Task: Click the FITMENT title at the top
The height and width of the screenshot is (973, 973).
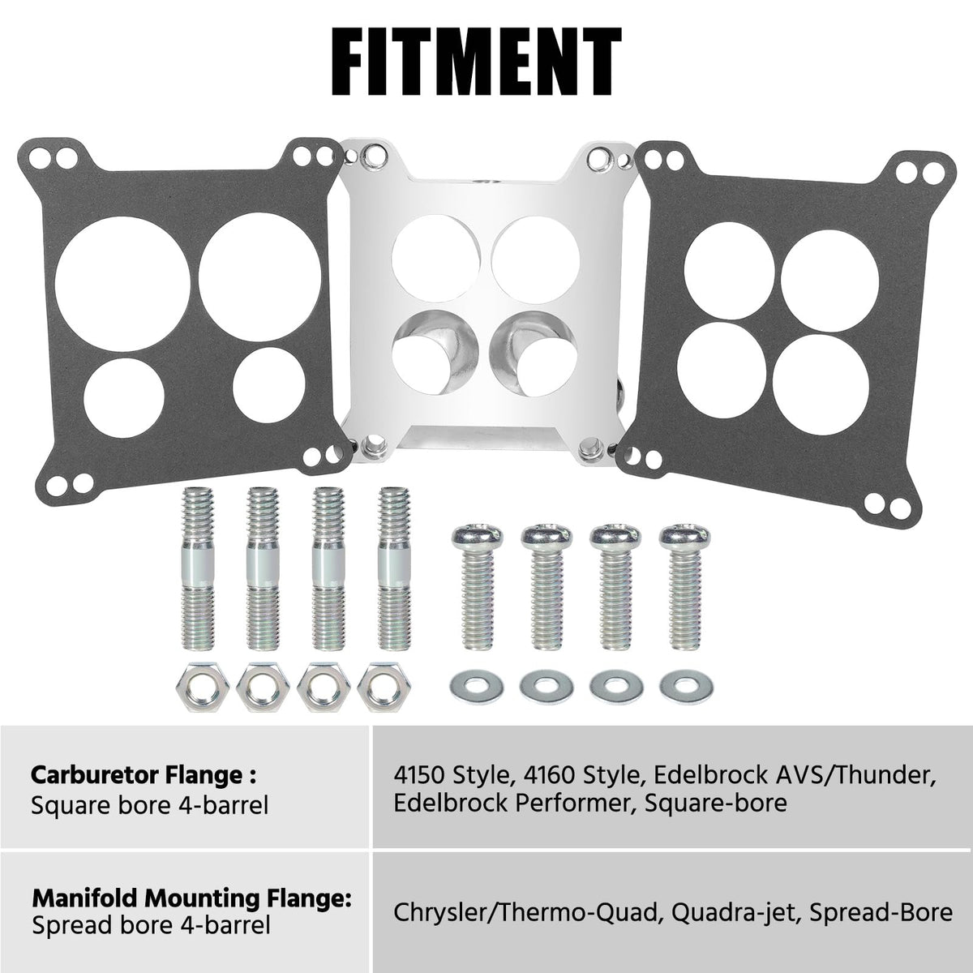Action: tap(477, 62)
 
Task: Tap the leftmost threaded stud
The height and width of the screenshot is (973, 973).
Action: tap(197, 568)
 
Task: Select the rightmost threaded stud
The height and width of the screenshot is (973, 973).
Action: tap(395, 568)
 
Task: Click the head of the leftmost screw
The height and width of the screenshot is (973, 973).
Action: tap(478, 538)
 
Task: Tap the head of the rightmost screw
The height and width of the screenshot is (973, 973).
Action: tap(684, 538)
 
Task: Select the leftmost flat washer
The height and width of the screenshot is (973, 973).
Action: tap(476, 688)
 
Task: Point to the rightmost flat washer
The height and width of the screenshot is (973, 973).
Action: tap(686, 688)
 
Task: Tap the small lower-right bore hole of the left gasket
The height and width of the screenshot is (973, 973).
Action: tap(270, 384)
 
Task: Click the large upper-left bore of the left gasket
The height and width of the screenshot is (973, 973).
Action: tap(122, 285)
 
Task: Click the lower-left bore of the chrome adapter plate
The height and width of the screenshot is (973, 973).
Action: tap(435, 354)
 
